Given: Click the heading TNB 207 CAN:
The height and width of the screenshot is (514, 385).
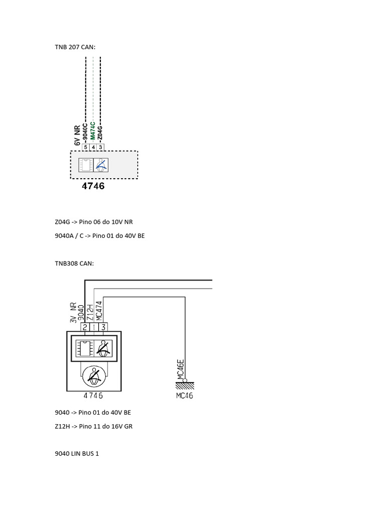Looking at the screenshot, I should pyautogui.click(x=75, y=47).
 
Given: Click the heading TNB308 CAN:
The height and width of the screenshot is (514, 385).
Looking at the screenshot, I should pyautogui.click(x=74, y=263).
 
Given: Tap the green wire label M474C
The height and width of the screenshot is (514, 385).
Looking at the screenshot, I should pyautogui.click(x=93, y=131).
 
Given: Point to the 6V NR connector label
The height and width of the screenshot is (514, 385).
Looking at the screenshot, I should pyautogui.click(x=78, y=135).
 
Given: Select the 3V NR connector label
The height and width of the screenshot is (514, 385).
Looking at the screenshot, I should pyautogui.click(x=73, y=312).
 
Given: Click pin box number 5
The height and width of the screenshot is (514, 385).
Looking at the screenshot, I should pyautogui.click(x=86, y=147).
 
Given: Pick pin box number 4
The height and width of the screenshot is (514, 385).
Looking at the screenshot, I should pyautogui.click(x=93, y=147).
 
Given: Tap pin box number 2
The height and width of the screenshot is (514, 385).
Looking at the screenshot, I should pyautogui.click(x=85, y=327).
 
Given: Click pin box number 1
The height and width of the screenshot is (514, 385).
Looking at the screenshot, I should pyautogui.click(x=94, y=327).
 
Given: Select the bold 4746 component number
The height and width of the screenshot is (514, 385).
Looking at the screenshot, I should pyautogui.click(x=93, y=186).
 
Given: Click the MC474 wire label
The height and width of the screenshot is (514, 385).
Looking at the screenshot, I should pyautogui.click(x=99, y=311).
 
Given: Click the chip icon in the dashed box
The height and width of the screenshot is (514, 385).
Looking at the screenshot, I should pyautogui.click(x=86, y=165).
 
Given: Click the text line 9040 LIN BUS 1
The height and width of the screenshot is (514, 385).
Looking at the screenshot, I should pyautogui.click(x=77, y=454).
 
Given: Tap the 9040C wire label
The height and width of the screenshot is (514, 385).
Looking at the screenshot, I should pyautogui.click(x=85, y=131).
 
